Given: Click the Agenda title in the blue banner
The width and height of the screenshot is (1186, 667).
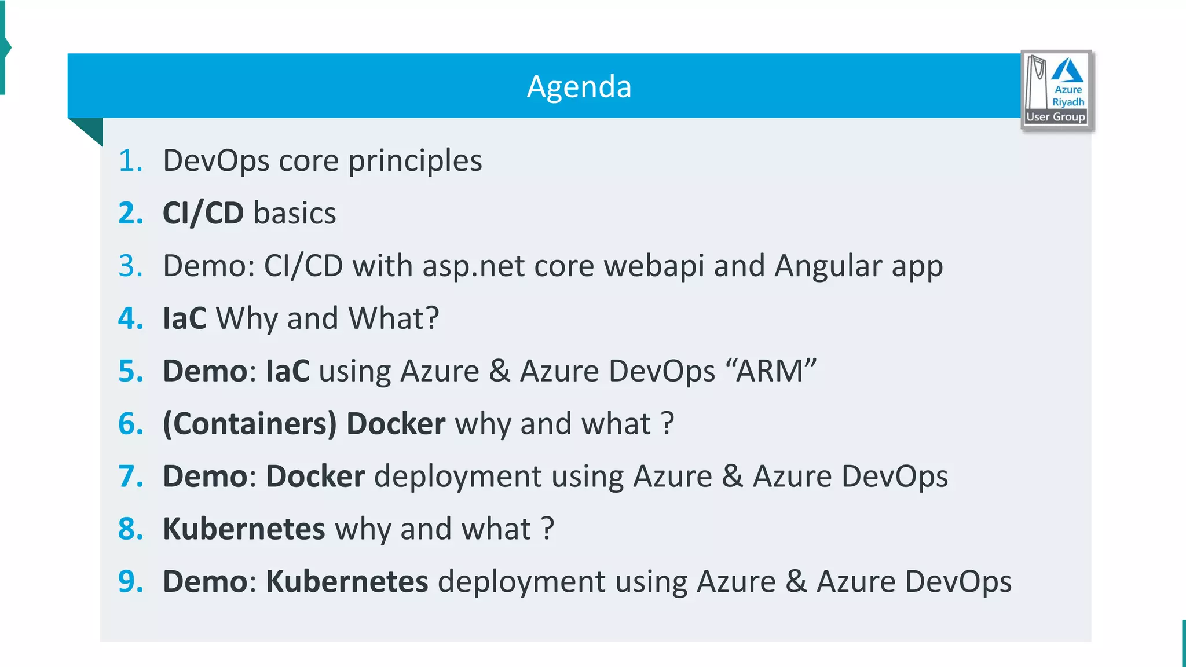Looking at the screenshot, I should coord(579,87).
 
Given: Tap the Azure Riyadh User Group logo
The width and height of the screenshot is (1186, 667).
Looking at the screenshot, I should coord(1057,90).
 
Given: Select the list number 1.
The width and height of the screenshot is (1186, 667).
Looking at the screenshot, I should coord(130,160).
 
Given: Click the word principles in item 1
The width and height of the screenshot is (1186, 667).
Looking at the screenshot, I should coord(415,162).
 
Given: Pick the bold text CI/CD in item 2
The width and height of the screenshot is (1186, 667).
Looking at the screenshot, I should coord(203,213).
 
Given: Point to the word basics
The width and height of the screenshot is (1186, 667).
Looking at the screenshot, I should coord(295,213).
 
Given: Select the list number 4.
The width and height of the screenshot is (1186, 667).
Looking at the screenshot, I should coord(130,318).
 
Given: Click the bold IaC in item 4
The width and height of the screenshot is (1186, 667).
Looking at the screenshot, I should coord(184,318).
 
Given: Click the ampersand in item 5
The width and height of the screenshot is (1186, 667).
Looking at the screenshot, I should coord(499,371).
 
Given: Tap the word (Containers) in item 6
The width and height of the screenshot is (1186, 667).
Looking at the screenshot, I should coord(250,424).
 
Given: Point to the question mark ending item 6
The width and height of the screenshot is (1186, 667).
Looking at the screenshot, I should coord(667,424).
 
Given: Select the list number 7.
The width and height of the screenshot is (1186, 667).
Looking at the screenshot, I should coord(130,477).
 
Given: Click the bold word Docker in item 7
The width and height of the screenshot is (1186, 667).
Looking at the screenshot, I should coord(315,477).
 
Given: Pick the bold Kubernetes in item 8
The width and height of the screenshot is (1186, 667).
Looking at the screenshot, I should coord(244,529).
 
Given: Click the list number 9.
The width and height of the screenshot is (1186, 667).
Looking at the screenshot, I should coord(130,582).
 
